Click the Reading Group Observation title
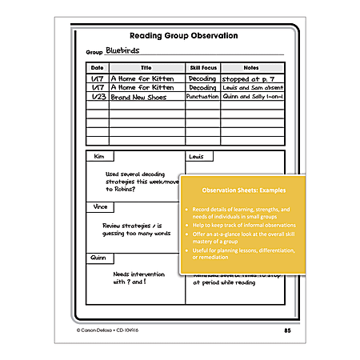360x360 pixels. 183,35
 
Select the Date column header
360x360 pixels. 97,69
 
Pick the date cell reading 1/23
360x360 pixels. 97,96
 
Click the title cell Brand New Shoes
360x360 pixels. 141,96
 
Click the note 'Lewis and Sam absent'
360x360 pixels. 251,87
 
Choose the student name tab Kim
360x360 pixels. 99,157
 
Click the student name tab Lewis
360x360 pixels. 198,157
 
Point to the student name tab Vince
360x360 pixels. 100,206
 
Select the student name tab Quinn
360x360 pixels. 101,257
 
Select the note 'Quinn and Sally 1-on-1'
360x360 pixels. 253,96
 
